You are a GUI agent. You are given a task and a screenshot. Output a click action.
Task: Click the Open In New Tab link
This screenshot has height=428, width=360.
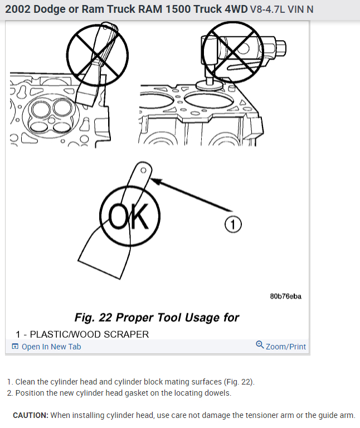click(x=51, y=347)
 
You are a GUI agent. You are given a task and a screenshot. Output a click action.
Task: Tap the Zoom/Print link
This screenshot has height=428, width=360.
click(x=285, y=347)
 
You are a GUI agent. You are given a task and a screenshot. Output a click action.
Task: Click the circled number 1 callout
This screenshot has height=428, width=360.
click(x=233, y=224)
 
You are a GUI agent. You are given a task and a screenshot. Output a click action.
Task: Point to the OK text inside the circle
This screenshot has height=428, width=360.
click(x=129, y=217)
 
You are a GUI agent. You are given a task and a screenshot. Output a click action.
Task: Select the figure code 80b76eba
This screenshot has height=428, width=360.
click(x=285, y=296)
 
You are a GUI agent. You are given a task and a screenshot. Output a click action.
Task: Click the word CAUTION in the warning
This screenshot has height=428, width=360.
click(x=30, y=416)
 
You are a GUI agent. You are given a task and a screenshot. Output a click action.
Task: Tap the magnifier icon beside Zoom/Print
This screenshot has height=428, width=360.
click(x=260, y=346)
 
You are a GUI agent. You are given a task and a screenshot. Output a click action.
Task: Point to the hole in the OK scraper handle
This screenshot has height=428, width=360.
click(x=143, y=169)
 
